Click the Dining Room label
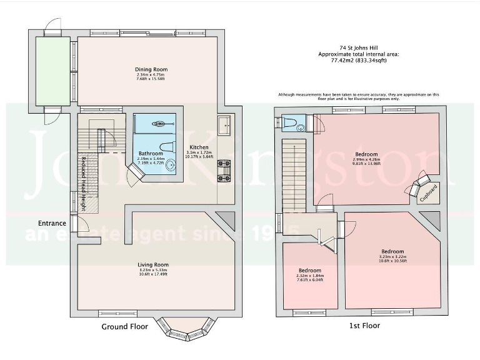(151, 69)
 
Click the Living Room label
(153, 264)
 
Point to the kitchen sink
(224, 127)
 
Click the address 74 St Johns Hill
(359, 47)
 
